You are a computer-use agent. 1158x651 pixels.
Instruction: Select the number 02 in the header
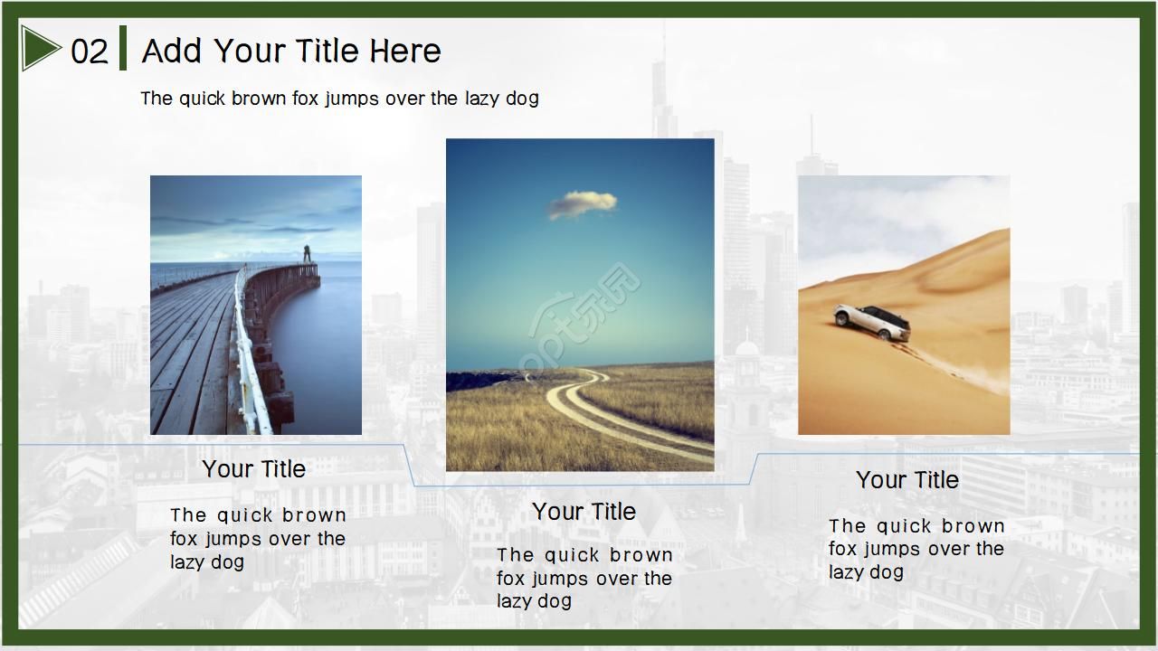pyautogui.click(x=90, y=52)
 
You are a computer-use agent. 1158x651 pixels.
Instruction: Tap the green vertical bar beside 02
pyautogui.click(x=123, y=48)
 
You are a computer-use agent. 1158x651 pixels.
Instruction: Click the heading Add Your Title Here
pyautogui.click(x=291, y=51)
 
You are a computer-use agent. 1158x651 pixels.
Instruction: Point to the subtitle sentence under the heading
pyautogui.click(x=339, y=99)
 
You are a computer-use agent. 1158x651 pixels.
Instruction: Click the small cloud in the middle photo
pyautogui.click(x=582, y=204)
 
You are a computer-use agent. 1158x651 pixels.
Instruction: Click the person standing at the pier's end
pyautogui.click(x=307, y=254)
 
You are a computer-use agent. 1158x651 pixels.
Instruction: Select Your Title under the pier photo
pyautogui.click(x=254, y=469)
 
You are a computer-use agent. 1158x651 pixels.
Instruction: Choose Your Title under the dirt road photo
pyautogui.click(x=584, y=512)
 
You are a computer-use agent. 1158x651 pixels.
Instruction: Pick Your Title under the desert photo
pyautogui.click(x=907, y=479)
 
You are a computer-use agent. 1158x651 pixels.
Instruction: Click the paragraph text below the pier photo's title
pyautogui.click(x=258, y=538)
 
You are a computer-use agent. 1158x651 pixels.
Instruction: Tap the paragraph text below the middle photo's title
pyautogui.click(x=584, y=578)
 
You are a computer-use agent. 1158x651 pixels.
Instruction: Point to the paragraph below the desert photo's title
pyautogui.click(x=916, y=549)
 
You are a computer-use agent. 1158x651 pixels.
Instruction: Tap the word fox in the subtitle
pyautogui.click(x=305, y=99)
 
